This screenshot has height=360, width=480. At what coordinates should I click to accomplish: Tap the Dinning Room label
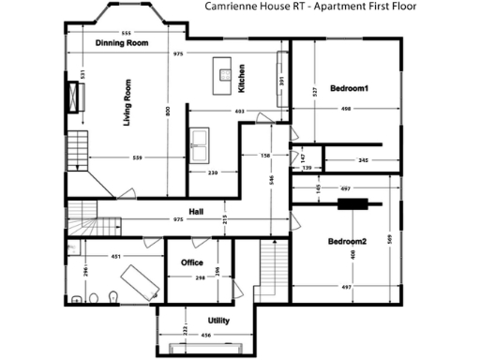(122, 43)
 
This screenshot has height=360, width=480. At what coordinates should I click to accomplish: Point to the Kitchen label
(241, 78)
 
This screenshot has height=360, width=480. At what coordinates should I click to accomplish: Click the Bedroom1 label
(349, 89)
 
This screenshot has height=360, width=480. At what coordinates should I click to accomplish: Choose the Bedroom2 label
(347, 242)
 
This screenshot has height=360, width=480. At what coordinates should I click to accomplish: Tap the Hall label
(196, 211)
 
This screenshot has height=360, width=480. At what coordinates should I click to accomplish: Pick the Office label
(192, 262)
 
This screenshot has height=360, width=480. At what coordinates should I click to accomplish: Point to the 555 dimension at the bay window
(126, 32)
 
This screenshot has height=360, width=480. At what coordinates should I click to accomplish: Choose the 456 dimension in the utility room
(205, 335)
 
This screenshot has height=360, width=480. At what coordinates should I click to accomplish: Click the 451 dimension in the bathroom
(115, 255)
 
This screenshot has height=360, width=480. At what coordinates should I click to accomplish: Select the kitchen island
(223, 70)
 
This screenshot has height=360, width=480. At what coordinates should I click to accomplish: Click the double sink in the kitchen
(201, 141)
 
